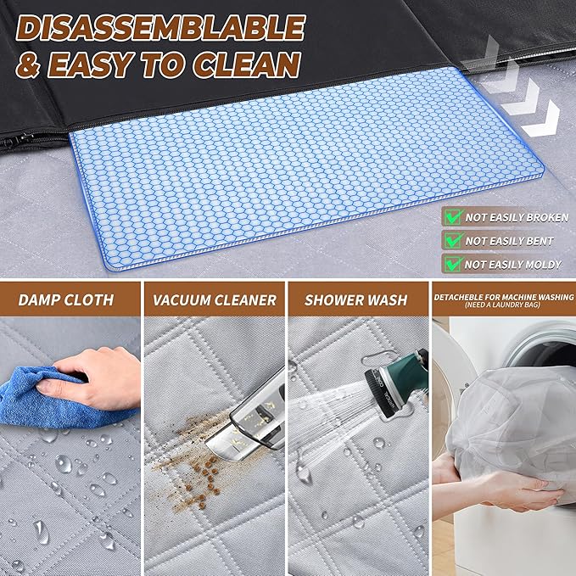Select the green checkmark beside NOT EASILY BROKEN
pyautogui.click(x=452, y=217)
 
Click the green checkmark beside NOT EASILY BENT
pyautogui.click(x=452, y=241)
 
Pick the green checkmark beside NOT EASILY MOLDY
pyautogui.click(x=452, y=264)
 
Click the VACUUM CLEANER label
pyautogui.click(x=215, y=299)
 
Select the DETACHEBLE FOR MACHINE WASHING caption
pyautogui.click(x=503, y=297)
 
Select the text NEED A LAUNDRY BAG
pyautogui.click(x=503, y=307)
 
